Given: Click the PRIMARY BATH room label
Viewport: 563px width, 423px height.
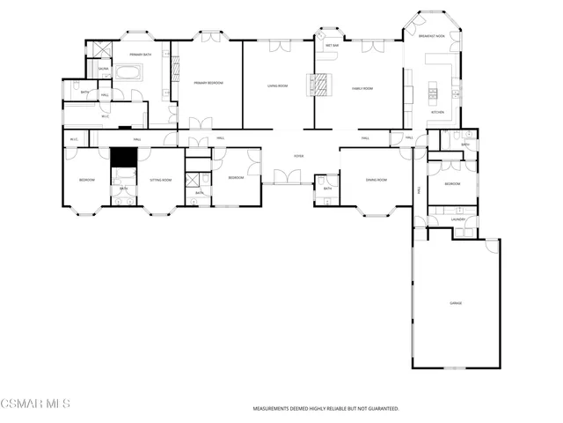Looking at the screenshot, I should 133,53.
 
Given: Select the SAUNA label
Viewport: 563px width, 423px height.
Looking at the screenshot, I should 103,68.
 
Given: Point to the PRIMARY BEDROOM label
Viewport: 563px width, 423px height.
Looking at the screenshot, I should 208,82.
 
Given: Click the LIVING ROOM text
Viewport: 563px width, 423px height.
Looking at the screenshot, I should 279,85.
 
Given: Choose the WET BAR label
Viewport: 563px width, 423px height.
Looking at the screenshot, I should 333,44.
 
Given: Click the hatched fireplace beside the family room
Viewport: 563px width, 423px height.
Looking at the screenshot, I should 320,85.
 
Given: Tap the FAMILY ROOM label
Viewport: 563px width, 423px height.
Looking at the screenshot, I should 363,88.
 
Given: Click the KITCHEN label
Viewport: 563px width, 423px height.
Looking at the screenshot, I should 437,112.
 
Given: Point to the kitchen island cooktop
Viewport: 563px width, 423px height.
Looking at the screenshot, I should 433,90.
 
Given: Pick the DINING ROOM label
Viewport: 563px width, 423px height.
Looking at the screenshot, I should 377,179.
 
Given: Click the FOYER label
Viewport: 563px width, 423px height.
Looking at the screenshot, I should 298,156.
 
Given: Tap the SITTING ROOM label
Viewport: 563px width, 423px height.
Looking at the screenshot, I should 160,179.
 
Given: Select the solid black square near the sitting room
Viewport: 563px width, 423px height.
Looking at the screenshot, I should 123,156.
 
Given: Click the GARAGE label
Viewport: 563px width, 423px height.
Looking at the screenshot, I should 456,302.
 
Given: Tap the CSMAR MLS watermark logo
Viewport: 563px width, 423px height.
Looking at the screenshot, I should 35,404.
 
